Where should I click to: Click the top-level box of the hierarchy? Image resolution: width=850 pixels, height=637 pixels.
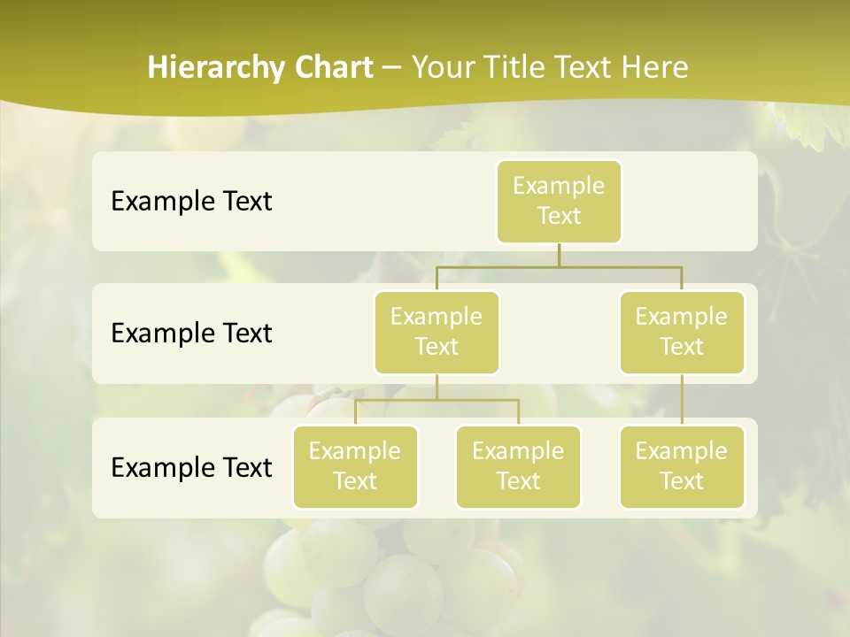pyautogui.click(x=559, y=201)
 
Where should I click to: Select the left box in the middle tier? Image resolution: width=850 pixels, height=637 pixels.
pyautogui.click(x=437, y=332)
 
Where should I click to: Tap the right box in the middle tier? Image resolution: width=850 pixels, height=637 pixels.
pyautogui.click(x=682, y=332)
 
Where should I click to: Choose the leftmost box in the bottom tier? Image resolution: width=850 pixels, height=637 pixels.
pyautogui.click(x=355, y=466)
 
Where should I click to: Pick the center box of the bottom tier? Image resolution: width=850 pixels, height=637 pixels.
pyautogui.click(x=518, y=466)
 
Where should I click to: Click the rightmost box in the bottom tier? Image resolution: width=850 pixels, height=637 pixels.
pyautogui.click(x=682, y=466)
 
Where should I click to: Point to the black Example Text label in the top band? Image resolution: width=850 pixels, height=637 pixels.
pyautogui.click(x=191, y=202)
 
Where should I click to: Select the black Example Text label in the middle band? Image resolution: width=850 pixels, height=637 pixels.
pyautogui.click(x=191, y=334)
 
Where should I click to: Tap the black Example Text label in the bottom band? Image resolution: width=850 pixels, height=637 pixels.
pyautogui.click(x=191, y=467)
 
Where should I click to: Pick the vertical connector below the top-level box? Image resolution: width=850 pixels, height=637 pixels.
pyautogui.click(x=559, y=255)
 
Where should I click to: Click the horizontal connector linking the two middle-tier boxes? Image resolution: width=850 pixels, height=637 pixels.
pyautogui.click(x=559, y=266)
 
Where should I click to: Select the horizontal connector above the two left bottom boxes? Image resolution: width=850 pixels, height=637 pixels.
pyautogui.click(x=437, y=400)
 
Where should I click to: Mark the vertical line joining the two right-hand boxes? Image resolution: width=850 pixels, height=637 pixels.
pyautogui.click(x=682, y=400)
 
